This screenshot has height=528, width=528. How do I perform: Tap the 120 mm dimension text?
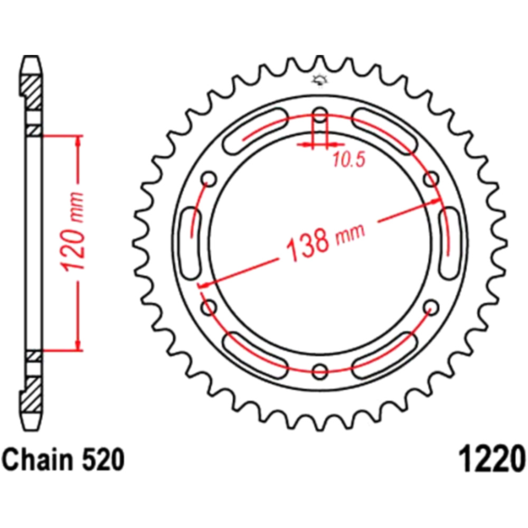72,232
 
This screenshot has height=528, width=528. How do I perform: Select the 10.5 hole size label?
349,159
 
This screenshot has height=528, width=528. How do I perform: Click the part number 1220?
491,460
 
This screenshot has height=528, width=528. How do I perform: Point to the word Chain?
37,460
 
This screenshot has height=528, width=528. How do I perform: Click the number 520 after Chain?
102,460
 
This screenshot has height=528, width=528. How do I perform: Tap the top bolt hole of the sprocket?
320,115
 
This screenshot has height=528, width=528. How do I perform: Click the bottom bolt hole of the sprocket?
320,371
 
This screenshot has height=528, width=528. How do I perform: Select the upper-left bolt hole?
209,178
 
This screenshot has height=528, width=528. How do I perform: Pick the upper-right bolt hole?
431,178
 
